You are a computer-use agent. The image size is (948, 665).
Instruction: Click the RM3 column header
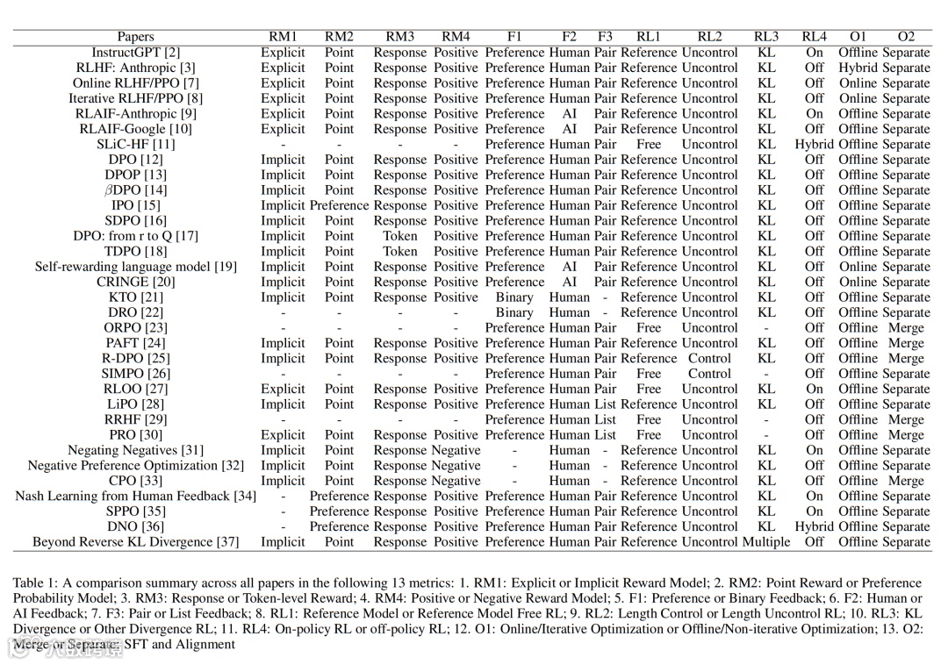coord(399,37)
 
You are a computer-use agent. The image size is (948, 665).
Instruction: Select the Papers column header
coord(135,37)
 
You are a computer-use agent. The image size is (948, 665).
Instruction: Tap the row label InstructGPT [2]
coord(136,53)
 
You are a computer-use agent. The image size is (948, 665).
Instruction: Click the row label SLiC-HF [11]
coord(136,144)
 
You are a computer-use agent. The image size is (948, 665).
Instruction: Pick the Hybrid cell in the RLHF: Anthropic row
coord(858,68)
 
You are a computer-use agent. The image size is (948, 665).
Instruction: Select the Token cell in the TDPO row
coord(399,251)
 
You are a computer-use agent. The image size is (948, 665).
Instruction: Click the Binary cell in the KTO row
coord(514,297)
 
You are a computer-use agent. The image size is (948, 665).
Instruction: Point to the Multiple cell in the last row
coord(766,542)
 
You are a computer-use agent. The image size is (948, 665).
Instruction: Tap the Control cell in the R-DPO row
coord(709,358)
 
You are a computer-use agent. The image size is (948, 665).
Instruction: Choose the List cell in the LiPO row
coord(605,404)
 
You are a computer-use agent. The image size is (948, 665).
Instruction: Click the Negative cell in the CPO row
coord(456,481)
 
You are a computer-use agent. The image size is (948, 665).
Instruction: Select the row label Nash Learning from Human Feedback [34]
coord(136,497)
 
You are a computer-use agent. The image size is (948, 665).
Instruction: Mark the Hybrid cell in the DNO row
coord(815,526)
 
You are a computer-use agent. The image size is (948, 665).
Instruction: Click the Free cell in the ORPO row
coord(649,328)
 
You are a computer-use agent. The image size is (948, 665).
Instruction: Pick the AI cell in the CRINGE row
coord(570,282)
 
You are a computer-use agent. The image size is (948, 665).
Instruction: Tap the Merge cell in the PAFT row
coord(906,343)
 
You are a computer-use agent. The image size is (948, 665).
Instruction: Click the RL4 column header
coord(815,37)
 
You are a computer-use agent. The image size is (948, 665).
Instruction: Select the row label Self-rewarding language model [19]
coord(136,267)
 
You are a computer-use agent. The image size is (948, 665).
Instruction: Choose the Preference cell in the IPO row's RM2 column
coord(339,205)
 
